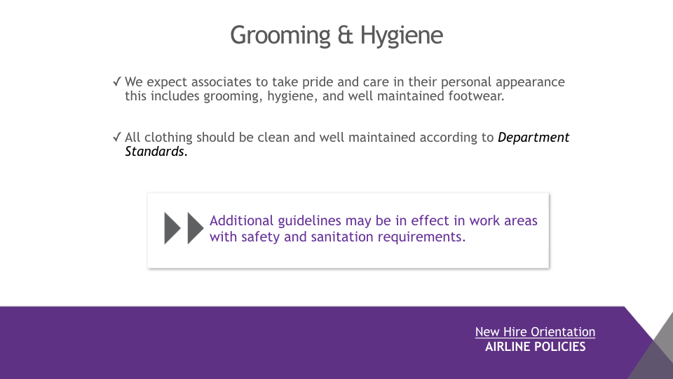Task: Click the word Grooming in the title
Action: pos(280,36)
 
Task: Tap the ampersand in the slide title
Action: pos(345,35)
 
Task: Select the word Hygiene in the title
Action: pos(401,36)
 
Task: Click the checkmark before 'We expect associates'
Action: pos(117,81)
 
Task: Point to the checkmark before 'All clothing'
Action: pos(117,137)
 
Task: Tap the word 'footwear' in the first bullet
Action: pos(475,96)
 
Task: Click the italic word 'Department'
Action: pos(533,138)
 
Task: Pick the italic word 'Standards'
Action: pos(154,152)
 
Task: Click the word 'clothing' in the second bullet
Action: pos(168,138)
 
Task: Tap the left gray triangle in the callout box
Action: pos(172,229)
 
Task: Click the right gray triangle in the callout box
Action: pos(196,229)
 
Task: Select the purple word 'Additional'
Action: pos(241,220)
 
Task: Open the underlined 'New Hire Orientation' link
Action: pos(535,332)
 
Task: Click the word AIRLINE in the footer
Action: pos(505,347)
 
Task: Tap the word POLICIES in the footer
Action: pos(557,347)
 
